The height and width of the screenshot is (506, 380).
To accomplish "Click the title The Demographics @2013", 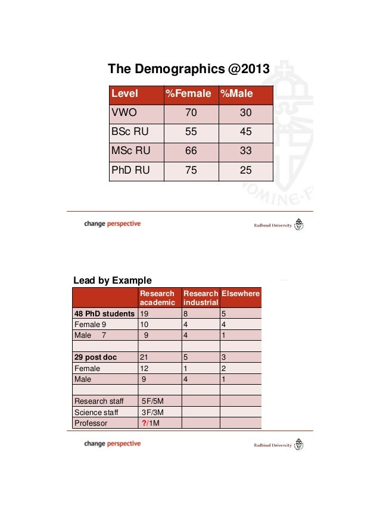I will (188, 70).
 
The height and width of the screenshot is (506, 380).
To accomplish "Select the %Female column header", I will (188, 93).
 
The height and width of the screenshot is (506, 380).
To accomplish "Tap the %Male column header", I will (236, 93).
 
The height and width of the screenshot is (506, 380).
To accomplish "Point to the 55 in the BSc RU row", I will (191, 132).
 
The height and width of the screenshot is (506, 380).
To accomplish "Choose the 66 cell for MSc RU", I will (191, 151).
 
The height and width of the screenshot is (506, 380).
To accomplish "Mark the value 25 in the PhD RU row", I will (245, 170).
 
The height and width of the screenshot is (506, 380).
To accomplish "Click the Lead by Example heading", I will (112, 280).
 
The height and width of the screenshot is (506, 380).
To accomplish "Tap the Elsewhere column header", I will (241, 294).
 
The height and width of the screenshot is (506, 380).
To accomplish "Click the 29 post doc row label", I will (95, 357).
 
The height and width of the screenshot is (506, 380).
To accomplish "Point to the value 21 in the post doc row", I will (144, 357).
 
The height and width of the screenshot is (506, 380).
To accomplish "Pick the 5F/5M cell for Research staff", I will (152, 401).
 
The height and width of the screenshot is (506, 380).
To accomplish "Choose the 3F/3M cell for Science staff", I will (152, 412).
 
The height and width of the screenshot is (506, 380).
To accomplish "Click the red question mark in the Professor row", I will (144, 423).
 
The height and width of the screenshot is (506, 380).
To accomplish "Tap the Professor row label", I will (91, 423).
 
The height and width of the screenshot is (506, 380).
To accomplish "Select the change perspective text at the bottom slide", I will (113, 444).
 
